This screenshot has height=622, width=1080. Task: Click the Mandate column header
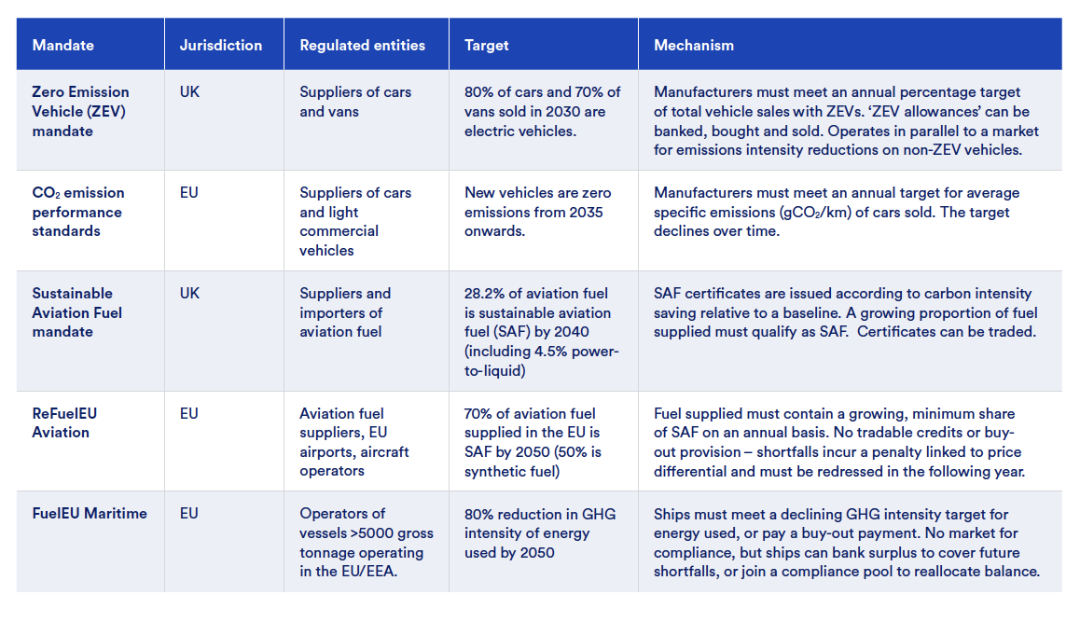coord(63,45)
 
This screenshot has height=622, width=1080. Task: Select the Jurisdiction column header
coord(221,45)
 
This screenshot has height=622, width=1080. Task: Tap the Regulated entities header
coord(362,45)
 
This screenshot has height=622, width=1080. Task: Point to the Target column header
coord(487,45)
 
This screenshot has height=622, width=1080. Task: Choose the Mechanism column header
coord(694,45)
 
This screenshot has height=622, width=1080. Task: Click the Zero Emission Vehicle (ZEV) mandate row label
coord(80,111)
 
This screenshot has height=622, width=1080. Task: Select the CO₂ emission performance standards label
coord(78,212)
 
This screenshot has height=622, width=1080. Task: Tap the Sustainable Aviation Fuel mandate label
coord(76,312)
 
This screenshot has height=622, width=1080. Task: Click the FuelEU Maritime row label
coord(90,513)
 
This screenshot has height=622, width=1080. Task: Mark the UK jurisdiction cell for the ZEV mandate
coord(189,92)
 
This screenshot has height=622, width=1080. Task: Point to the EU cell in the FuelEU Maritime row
coord(189,513)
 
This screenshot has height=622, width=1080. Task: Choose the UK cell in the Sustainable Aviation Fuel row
coord(189,293)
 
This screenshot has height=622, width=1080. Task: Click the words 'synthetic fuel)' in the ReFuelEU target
coord(512,471)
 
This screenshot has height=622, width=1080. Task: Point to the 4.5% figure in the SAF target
coord(548,352)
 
